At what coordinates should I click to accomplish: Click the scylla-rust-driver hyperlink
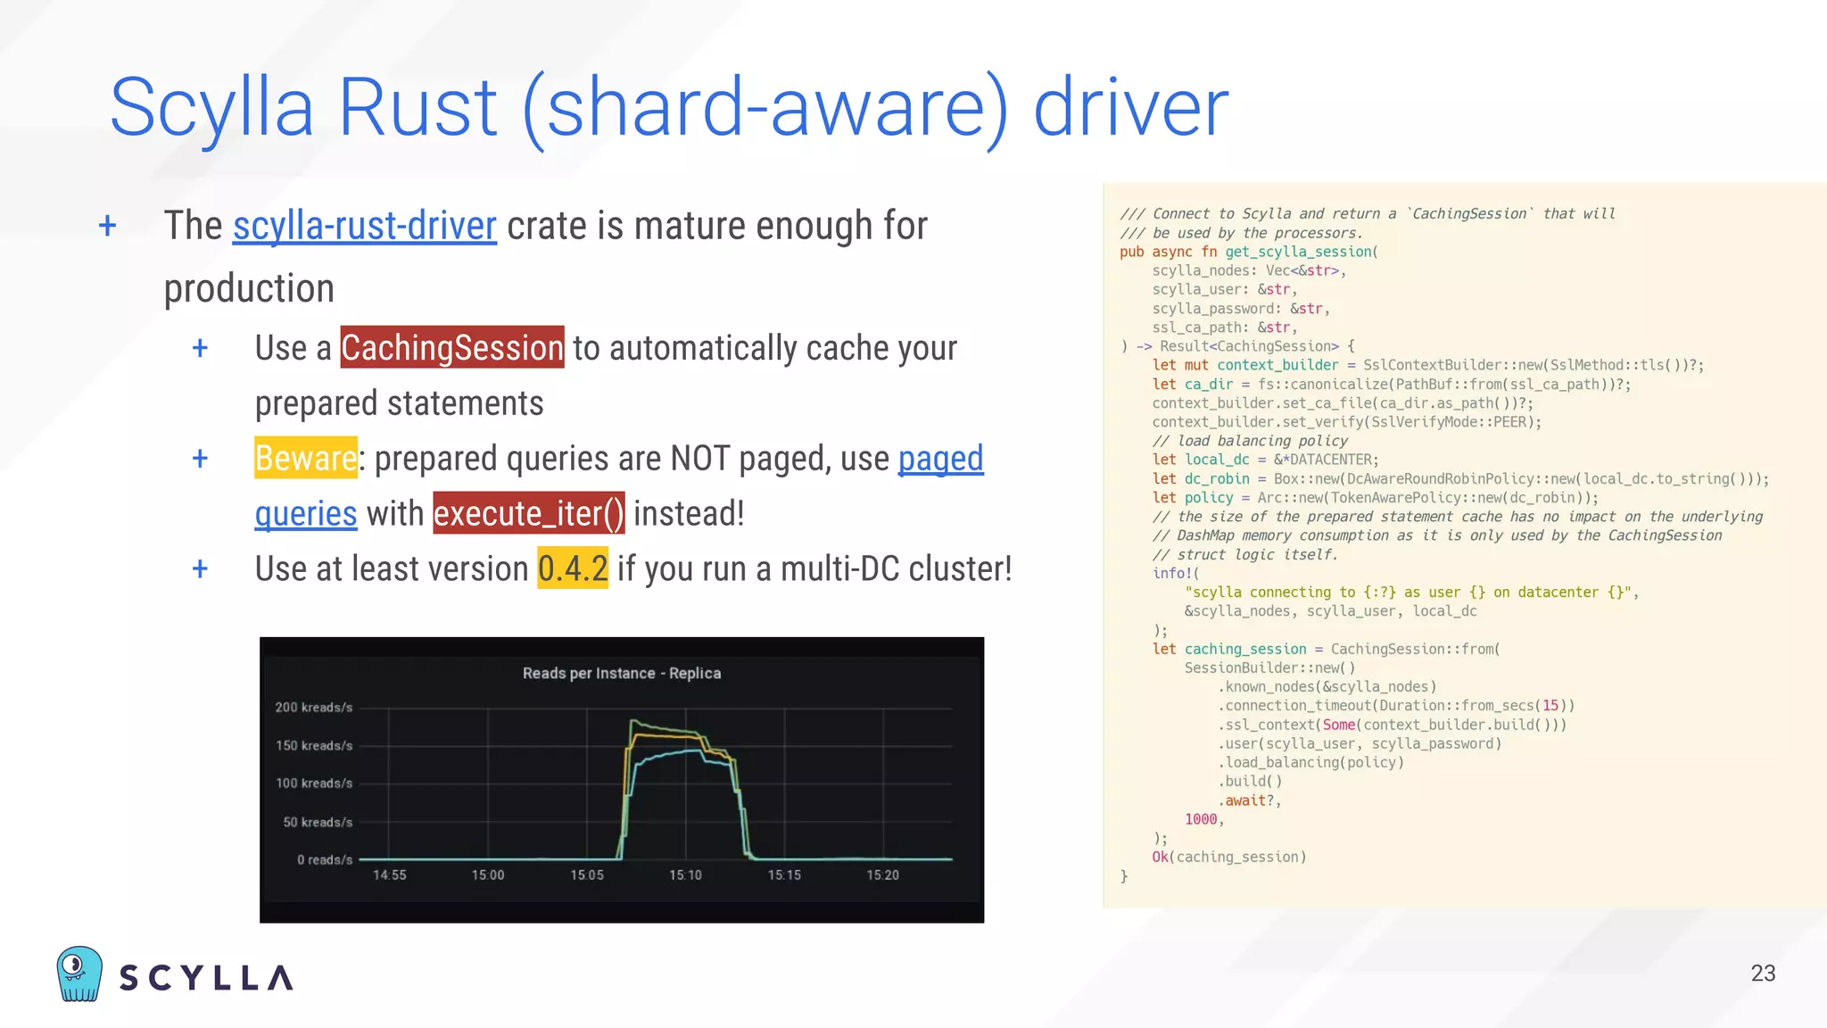364,227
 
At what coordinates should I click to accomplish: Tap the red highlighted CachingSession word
452,348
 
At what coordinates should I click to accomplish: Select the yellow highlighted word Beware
306,459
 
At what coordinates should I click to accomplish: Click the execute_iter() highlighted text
529,514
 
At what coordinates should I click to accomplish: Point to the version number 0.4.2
573,569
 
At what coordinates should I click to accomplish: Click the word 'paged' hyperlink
940,459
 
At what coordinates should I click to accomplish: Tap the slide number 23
1762,974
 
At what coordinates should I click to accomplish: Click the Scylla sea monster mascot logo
79,974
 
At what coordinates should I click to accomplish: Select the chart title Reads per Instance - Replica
622,674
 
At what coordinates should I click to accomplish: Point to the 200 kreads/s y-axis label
314,708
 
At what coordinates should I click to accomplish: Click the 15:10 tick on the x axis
685,875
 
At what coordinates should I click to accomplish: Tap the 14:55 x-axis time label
390,875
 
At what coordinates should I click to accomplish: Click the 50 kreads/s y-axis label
318,823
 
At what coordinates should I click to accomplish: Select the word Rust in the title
417,108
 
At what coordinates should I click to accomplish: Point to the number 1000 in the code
1201,819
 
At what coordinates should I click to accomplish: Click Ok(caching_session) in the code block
1228,858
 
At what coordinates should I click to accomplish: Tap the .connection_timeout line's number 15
1550,706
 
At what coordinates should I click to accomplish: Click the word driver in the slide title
1130,108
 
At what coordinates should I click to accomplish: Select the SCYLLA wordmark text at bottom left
206,978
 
